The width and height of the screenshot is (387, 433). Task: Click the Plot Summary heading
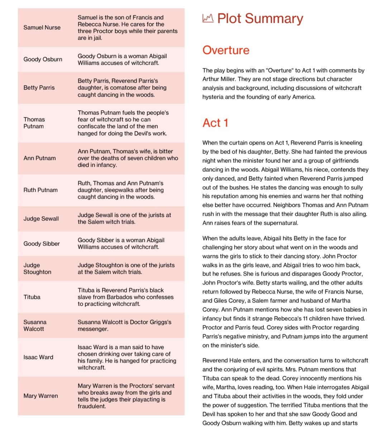[x=260, y=19]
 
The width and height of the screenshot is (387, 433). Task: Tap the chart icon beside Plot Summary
[x=208, y=18]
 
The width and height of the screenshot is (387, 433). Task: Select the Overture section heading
[x=226, y=50]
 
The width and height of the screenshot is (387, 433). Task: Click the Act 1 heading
[x=215, y=123]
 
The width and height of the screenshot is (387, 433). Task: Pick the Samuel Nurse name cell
[x=42, y=28]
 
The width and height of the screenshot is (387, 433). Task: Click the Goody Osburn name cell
[x=43, y=59]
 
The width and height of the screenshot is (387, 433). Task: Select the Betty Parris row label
[x=39, y=88]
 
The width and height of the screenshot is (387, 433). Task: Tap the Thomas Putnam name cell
[x=34, y=123]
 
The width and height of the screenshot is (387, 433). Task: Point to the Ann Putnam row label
[x=39, y=158]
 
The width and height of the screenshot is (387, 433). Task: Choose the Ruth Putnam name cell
[x=40, y=190]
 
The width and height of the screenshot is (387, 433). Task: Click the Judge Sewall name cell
[x=41, y=219]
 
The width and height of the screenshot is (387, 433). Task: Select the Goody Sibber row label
[x=42, y=244]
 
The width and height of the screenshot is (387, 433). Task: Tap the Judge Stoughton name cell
[x=37, y=268]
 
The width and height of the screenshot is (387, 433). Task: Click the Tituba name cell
[x=32, y=297]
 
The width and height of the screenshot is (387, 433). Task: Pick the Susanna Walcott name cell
[x=35, y=325]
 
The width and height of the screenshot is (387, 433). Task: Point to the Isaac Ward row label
[x=38, y=357]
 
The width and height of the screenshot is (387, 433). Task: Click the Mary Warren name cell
[x=40, y=396]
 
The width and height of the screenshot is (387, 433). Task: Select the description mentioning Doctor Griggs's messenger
[x=124, y=325]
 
